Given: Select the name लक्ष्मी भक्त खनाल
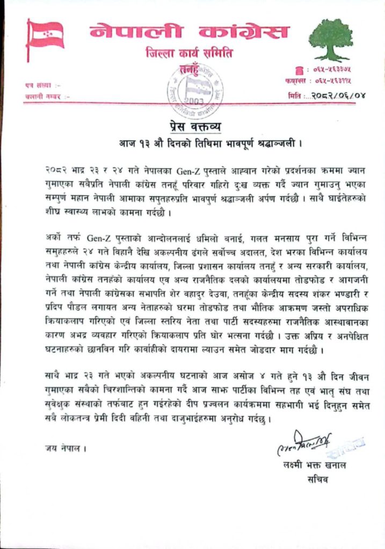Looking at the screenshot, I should click(314, 465).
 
